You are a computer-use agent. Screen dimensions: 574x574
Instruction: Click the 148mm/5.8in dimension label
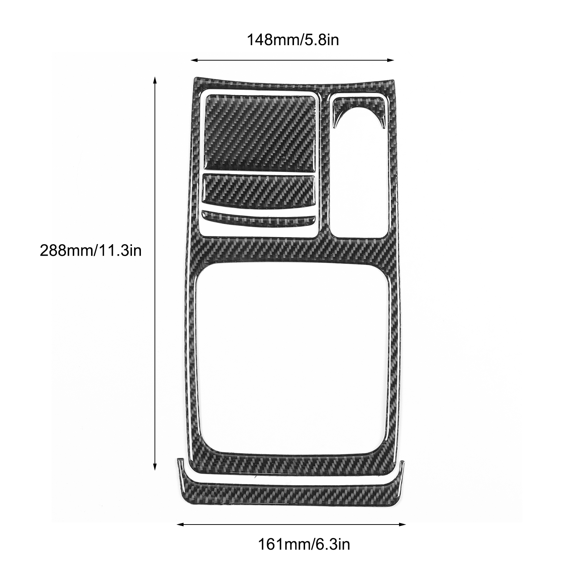coord(293,39)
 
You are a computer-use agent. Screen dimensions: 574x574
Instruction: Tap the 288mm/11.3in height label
coord(91,250)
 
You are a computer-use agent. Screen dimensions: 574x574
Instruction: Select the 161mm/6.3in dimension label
coord(304,544)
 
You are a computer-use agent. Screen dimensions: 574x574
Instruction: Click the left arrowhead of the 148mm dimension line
coord(194,61)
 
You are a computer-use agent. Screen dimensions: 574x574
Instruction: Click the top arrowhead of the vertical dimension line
coord(155,80)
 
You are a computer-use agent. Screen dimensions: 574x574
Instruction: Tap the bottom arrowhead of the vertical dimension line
coord(155,467)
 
